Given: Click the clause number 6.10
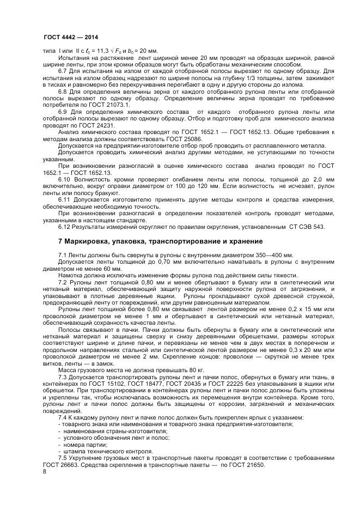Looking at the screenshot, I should point(66,179).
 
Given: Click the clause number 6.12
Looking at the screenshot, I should point(66,227).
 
